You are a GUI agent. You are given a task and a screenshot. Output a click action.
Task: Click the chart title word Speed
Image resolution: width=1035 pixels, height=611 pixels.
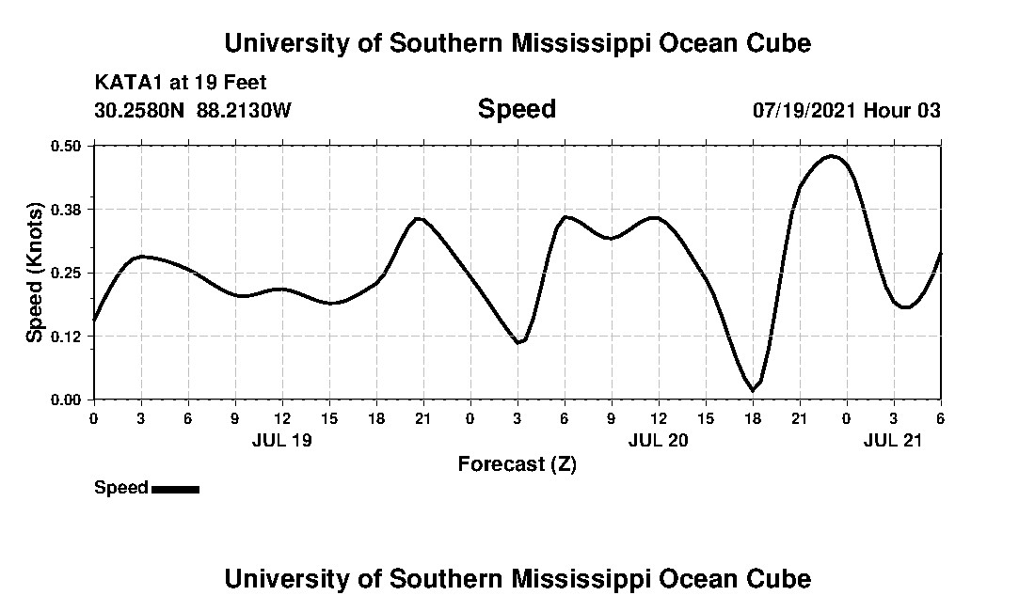point(517,109)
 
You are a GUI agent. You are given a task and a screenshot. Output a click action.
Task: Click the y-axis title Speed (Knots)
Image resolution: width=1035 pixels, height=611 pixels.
point(35,272)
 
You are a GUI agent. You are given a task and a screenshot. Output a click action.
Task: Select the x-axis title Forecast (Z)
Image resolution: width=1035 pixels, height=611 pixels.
point(517,463)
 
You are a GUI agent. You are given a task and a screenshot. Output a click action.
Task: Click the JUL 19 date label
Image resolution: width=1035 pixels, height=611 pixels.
point(281,440)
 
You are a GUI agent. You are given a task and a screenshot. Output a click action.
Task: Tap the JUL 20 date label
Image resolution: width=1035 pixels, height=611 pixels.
point(658,440)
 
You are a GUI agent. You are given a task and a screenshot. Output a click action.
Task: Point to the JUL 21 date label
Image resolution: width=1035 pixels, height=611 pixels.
point(893,440)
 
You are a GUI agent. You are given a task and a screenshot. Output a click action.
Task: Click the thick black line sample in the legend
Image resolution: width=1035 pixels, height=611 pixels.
point(175,489)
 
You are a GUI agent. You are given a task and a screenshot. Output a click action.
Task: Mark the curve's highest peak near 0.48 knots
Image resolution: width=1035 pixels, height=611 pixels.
point(832,156)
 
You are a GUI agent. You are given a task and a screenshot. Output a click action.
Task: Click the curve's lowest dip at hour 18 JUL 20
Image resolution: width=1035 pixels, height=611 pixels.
point(752,389)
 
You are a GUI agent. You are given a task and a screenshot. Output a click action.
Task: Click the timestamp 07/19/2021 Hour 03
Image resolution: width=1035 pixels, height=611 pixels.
point(846,111)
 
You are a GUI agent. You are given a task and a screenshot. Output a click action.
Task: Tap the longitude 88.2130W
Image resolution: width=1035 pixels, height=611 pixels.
point(244,111)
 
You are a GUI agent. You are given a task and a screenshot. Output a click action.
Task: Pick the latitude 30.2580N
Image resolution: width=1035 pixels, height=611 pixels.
point(140,111)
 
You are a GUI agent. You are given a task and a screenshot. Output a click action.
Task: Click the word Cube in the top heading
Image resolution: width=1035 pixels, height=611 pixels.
point(780,43)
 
